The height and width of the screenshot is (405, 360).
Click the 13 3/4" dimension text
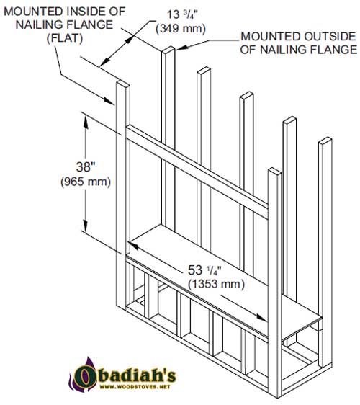pos(182,14)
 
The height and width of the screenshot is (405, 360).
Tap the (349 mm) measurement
pos(181,28)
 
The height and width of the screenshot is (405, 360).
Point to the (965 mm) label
pos(86,182)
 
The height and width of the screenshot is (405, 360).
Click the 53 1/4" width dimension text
pos(204,270)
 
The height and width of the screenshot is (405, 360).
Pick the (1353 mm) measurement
pos(216,284)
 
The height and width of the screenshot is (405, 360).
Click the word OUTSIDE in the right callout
pos(330,37)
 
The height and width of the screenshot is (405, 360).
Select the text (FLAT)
pos(65,38)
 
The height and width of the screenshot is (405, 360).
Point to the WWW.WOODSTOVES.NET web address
pos(135,387)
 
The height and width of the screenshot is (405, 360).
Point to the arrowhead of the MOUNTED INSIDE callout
pos(109,101)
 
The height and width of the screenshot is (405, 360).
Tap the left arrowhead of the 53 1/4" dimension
pos(135,246)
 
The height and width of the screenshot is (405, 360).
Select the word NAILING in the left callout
pos(39,25)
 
